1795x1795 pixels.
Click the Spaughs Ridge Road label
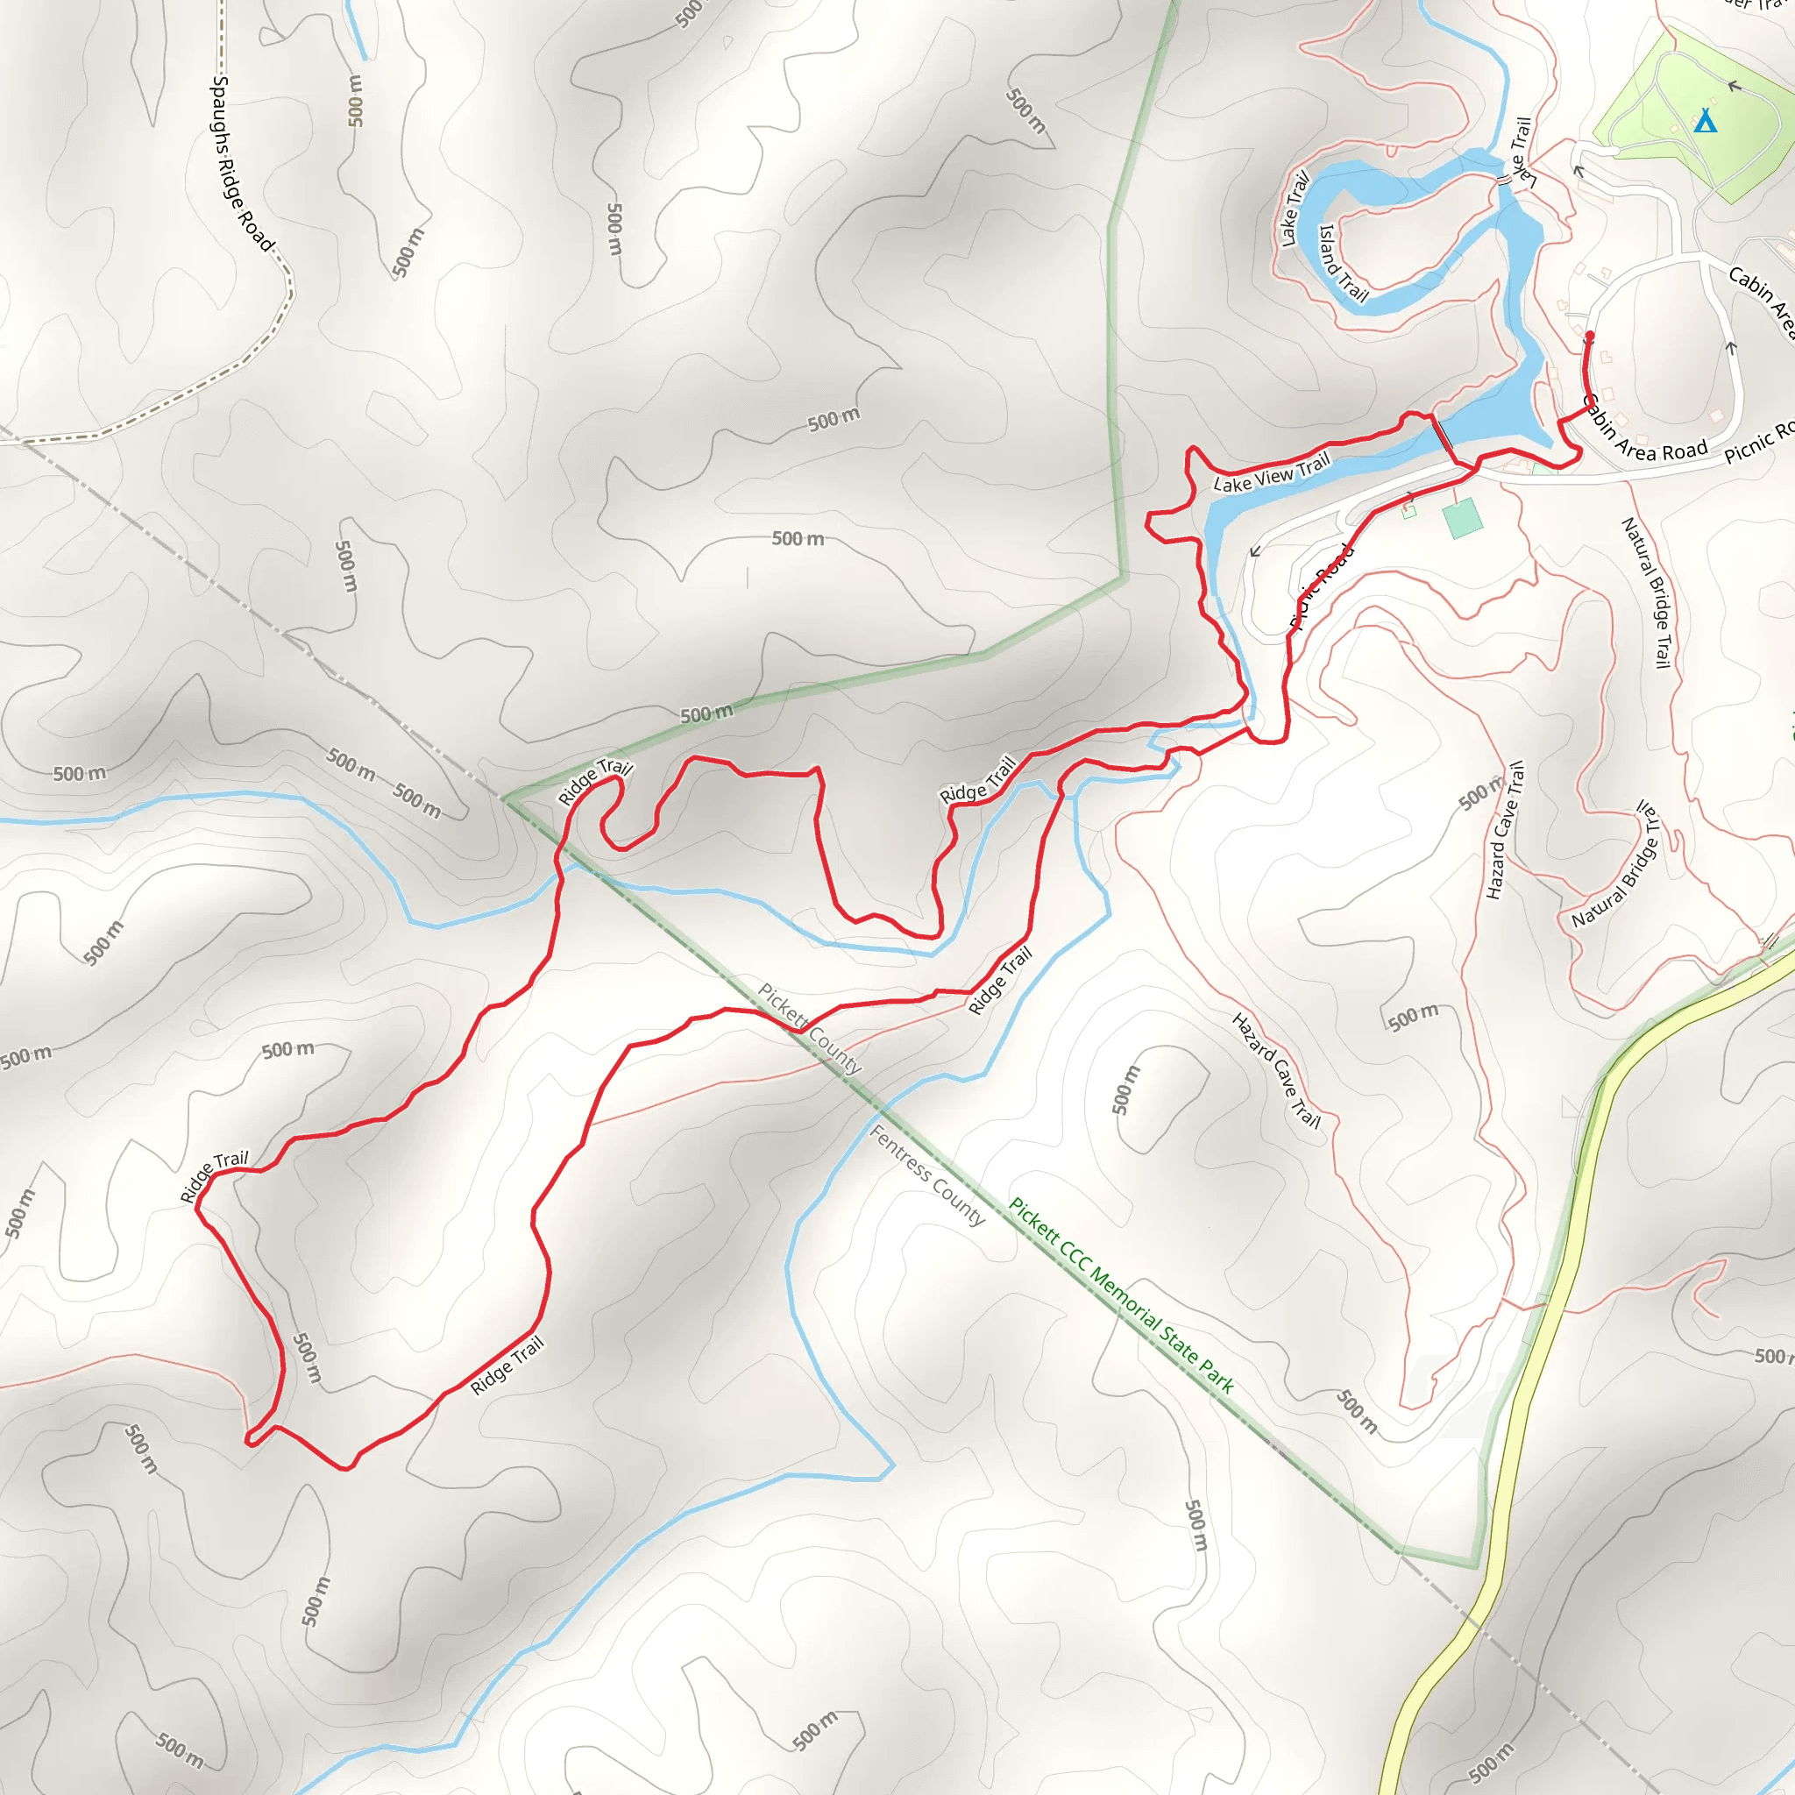(243, 164)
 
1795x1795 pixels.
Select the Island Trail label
(1344, 263)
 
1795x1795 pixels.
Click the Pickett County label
(809, 1028)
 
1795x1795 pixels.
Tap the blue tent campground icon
(1705, 122)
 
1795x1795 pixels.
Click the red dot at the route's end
(1590, 336)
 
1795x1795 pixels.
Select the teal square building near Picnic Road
(1463, 517)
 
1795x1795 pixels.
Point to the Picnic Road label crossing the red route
(1321, 587)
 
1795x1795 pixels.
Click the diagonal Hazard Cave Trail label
(1275, 1070)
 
